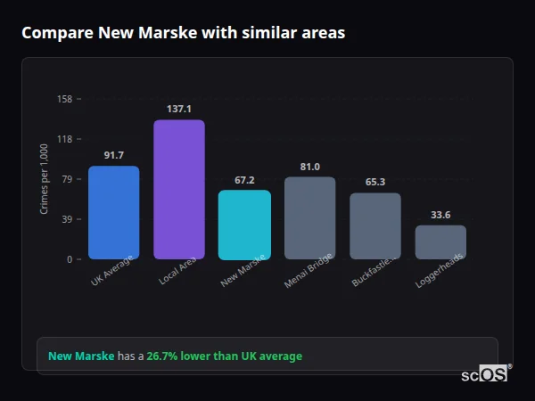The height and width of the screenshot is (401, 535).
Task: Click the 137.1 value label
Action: (179, 109)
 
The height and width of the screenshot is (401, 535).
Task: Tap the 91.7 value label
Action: (114, 155)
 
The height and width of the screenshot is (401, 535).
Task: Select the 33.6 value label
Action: (440, 214)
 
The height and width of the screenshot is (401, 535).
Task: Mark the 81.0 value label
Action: (310, 167)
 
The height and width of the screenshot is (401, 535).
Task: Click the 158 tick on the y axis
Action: (64, 99)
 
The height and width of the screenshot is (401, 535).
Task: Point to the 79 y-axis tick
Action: (67, 179)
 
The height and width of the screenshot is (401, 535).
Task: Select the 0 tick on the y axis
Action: (70, 259)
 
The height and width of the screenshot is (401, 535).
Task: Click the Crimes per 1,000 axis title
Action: (45, 179)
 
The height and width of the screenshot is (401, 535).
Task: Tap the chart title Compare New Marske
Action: (183, 32)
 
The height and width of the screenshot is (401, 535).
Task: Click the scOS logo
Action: (484, 374)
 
